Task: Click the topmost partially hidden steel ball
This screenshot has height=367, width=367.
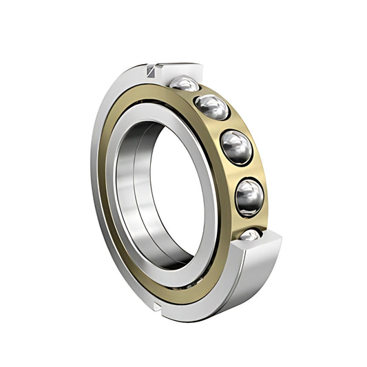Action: [185, 83]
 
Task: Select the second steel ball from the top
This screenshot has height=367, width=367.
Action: [212, 107]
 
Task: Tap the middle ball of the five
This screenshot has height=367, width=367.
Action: [236, 146]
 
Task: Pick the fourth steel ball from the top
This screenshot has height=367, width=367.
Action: [249, 196]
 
